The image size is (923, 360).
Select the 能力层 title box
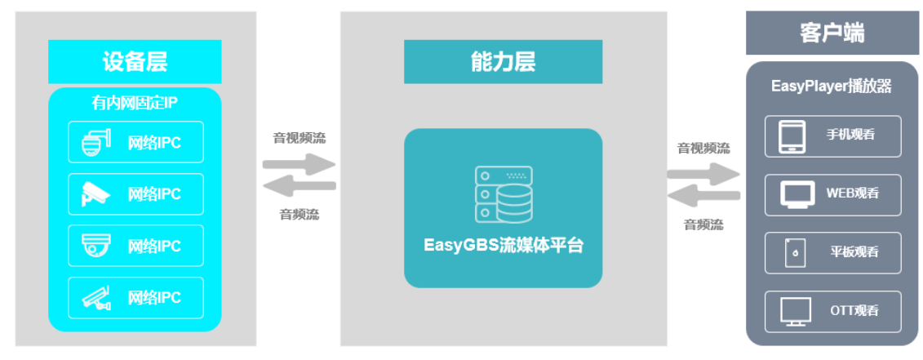point(503,60)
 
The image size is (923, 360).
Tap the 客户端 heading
point(832,33)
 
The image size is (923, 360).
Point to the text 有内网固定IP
point(135,104)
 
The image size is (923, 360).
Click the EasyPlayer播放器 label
point(832,86)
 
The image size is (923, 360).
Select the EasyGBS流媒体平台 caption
point(504,245)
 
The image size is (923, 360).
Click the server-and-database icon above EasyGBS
point(504,195)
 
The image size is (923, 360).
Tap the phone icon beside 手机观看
point(791,136)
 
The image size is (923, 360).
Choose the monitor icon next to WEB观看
point(797,194)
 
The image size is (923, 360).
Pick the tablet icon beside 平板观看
point(792,253)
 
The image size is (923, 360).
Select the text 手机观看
point(850,136)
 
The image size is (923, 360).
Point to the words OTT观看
point(854,311)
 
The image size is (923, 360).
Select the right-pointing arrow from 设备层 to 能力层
point(299,162)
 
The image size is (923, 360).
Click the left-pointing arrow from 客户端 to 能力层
point(703,195)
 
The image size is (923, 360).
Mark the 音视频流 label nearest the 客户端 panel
point(703,149)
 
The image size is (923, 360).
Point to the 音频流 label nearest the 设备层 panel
point(299,215)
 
